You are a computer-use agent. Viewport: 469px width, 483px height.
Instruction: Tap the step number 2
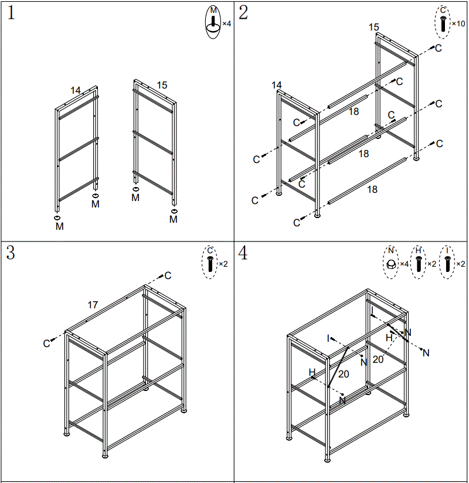coord(243,12)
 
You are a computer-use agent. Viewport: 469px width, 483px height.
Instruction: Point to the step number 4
coord(243,253)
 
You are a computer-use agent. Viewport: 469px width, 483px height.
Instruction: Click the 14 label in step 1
coord(76,90)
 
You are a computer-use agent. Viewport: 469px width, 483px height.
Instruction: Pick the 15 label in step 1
coord(162,86)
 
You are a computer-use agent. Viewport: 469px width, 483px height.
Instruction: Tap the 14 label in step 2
coord(277,86)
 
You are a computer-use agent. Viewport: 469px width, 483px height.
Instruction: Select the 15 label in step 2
coord(374,27)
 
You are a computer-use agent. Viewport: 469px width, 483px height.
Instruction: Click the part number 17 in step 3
coord(93,305)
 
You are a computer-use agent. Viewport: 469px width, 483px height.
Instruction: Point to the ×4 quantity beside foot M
coord(227,24)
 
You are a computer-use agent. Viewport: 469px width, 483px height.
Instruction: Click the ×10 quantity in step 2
coord(458,24)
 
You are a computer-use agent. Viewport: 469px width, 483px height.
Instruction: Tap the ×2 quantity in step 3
coord(223,264)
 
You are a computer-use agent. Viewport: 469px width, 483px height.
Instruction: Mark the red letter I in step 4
coord(372,309)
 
